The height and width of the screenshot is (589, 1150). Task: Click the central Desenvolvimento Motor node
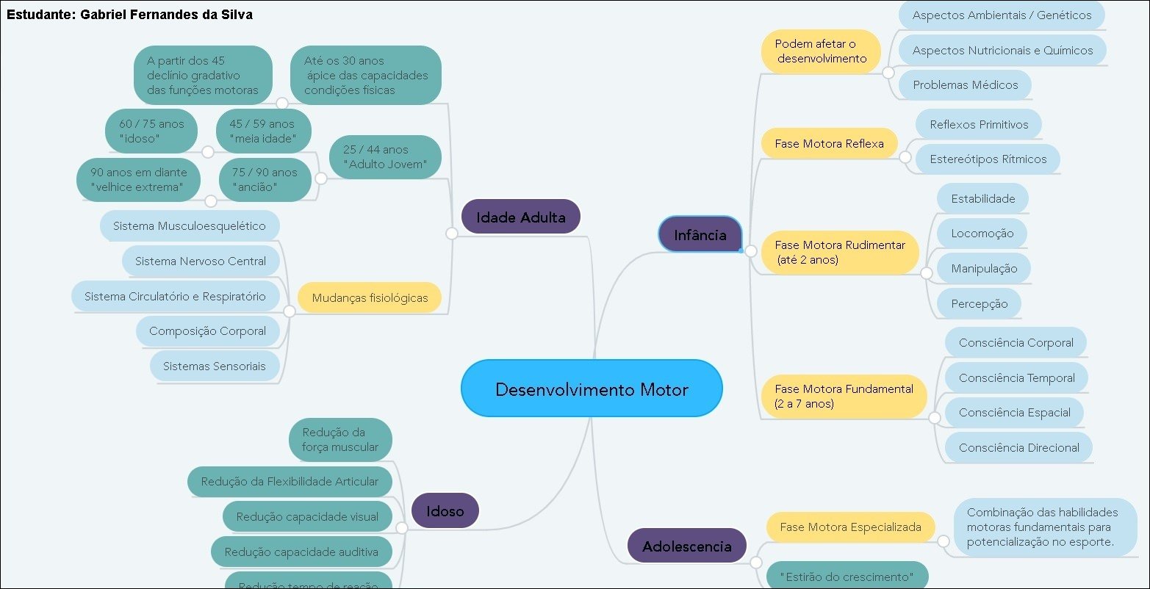point(592,389)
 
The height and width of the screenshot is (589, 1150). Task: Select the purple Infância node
point(700,235)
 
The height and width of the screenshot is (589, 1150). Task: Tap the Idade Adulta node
point(521,217)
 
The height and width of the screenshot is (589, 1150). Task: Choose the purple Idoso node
point(445,510)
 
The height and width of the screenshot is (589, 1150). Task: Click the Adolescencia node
point(687,546)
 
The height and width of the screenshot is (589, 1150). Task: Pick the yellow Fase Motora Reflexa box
point(829,144)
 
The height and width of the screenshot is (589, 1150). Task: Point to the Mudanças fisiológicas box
point(370,298)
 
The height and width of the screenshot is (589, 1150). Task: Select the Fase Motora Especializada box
point(850,527)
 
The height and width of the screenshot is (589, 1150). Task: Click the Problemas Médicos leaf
point(965,85)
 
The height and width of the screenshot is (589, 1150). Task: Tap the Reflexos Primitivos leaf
point(979,125)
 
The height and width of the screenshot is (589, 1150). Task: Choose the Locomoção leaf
point(982,234)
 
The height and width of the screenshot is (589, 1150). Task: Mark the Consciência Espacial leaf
point(1014,413)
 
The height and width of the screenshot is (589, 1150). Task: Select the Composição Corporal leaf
point(207,331)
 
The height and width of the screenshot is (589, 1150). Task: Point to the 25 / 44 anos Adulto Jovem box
point(385,157)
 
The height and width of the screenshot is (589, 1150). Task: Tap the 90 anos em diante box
point(138,180)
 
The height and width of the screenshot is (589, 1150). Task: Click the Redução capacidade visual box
point(307,517)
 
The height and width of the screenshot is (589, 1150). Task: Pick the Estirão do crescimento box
point(847,577)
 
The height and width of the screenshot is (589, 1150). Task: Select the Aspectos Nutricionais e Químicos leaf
point(1002,51)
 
